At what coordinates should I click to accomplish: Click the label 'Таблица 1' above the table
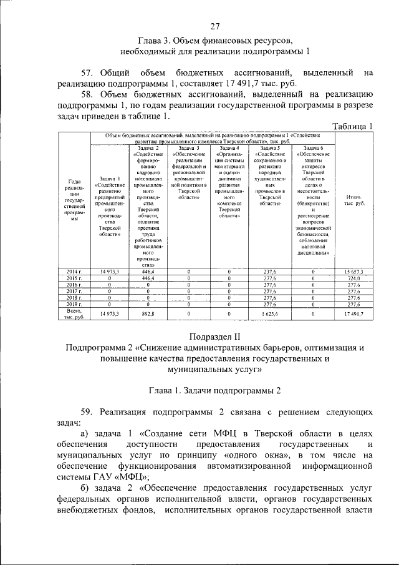click(x=353, y=125)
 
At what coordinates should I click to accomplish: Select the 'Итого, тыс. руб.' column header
click(x=355, y=200)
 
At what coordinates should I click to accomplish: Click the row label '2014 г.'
click(x=74, y=272)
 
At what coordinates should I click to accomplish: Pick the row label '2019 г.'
click(x=74, y=304)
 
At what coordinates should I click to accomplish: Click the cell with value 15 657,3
click(x=355, y=272)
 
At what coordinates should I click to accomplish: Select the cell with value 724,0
click(x=355, y=278)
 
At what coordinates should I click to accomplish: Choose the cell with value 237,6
click(x=270, y=272)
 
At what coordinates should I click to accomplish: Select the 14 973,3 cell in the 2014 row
click(x=109, y=272)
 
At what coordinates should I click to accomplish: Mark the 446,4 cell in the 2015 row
click(x=148, y=278)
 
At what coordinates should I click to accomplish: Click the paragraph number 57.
click(x=89, y=73)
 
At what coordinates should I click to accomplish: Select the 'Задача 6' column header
click(x=312, y=148)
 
